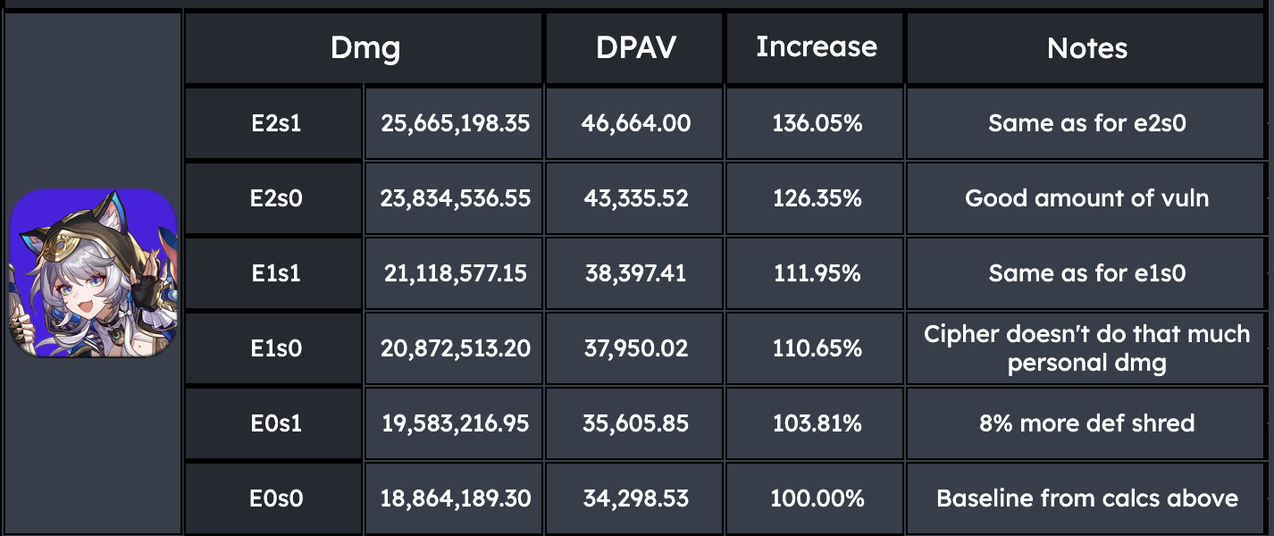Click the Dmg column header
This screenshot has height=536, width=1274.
click(365, 48)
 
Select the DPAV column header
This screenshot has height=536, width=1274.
click(636, 47)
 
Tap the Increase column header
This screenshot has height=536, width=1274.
click(817, 46)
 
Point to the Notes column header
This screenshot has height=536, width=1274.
click(1087, 48)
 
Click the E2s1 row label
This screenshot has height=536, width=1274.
click(276, 123)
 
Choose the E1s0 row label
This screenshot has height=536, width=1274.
click(276, 348)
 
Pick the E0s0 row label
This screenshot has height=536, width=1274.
click(276, 498)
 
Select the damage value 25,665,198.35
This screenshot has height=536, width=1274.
click(455, 123)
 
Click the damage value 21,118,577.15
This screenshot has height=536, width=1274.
click(455, 273)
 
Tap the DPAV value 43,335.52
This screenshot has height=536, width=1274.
click(636, 198)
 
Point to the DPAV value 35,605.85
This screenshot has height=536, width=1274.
click(636, 423)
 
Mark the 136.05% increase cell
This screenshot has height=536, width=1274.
click(817, 123)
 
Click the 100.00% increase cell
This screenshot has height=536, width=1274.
click(817, 498)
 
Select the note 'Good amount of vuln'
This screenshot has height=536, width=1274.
click(1087, 198)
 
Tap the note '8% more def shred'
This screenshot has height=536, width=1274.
click(1087, 423)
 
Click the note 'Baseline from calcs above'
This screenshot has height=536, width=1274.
click(1087, 498)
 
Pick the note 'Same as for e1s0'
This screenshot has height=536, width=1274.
click(1087, 273)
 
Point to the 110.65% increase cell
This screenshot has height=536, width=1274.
click(817, 348)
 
